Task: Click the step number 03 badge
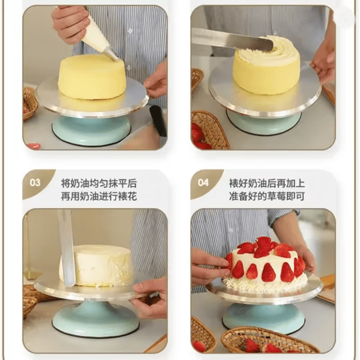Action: (x=35, y=183)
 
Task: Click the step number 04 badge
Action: (x=203, y=183)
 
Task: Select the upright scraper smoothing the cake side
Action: (x=67, y=247)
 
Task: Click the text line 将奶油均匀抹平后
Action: (x=99, y=184)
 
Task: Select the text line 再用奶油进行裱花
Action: (x=99, y=197)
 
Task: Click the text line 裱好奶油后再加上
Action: (x=266, y=184)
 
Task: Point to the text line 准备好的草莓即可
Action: (x=266, y=197)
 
